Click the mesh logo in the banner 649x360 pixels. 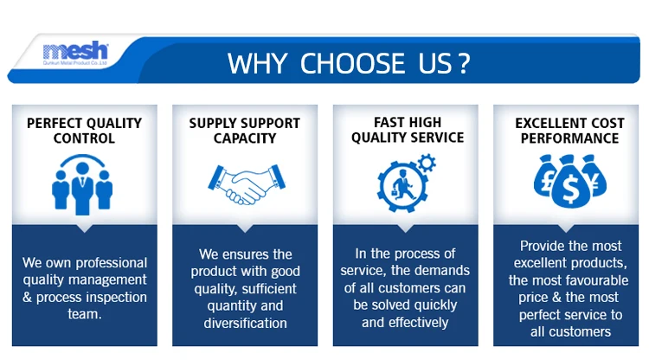point(75,53)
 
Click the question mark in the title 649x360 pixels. point(465,63)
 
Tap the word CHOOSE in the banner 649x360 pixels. point(352,63)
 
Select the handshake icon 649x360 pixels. point(247,184)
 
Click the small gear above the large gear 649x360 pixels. point(427,163)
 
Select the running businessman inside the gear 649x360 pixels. point(402,184)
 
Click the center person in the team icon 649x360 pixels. point(82,189)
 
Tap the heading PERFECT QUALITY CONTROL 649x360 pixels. point(85,131)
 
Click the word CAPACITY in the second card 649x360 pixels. point(245,138)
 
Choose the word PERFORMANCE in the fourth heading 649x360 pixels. point(570,138)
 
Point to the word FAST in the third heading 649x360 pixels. point(388,123)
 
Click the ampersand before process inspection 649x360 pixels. point(27,297)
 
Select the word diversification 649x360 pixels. point(246,323)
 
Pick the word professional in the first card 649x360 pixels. point(112,263)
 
